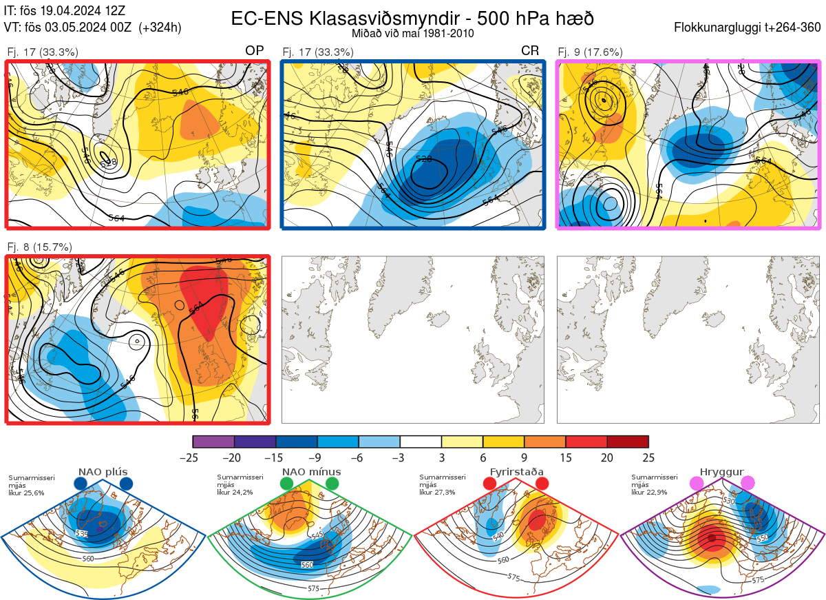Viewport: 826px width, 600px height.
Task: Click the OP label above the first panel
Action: coord(255,51)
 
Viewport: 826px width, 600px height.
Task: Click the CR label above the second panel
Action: coord(529,51)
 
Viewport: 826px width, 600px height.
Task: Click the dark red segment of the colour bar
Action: coord(628,442)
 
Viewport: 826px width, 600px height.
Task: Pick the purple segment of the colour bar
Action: coord(213,442)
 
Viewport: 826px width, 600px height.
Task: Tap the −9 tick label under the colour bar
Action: coord(317,457)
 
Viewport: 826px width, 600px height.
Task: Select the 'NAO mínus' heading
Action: coord(311,472)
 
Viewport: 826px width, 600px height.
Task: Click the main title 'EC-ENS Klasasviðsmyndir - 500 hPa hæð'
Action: coord(412,19)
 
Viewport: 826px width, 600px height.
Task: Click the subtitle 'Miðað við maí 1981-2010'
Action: coord(412,33)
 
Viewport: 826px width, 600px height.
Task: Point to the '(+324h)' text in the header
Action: coord(160,28)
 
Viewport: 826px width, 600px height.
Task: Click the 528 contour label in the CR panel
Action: coord(425,159)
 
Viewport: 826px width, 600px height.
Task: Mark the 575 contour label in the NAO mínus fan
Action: coord(313,588)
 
